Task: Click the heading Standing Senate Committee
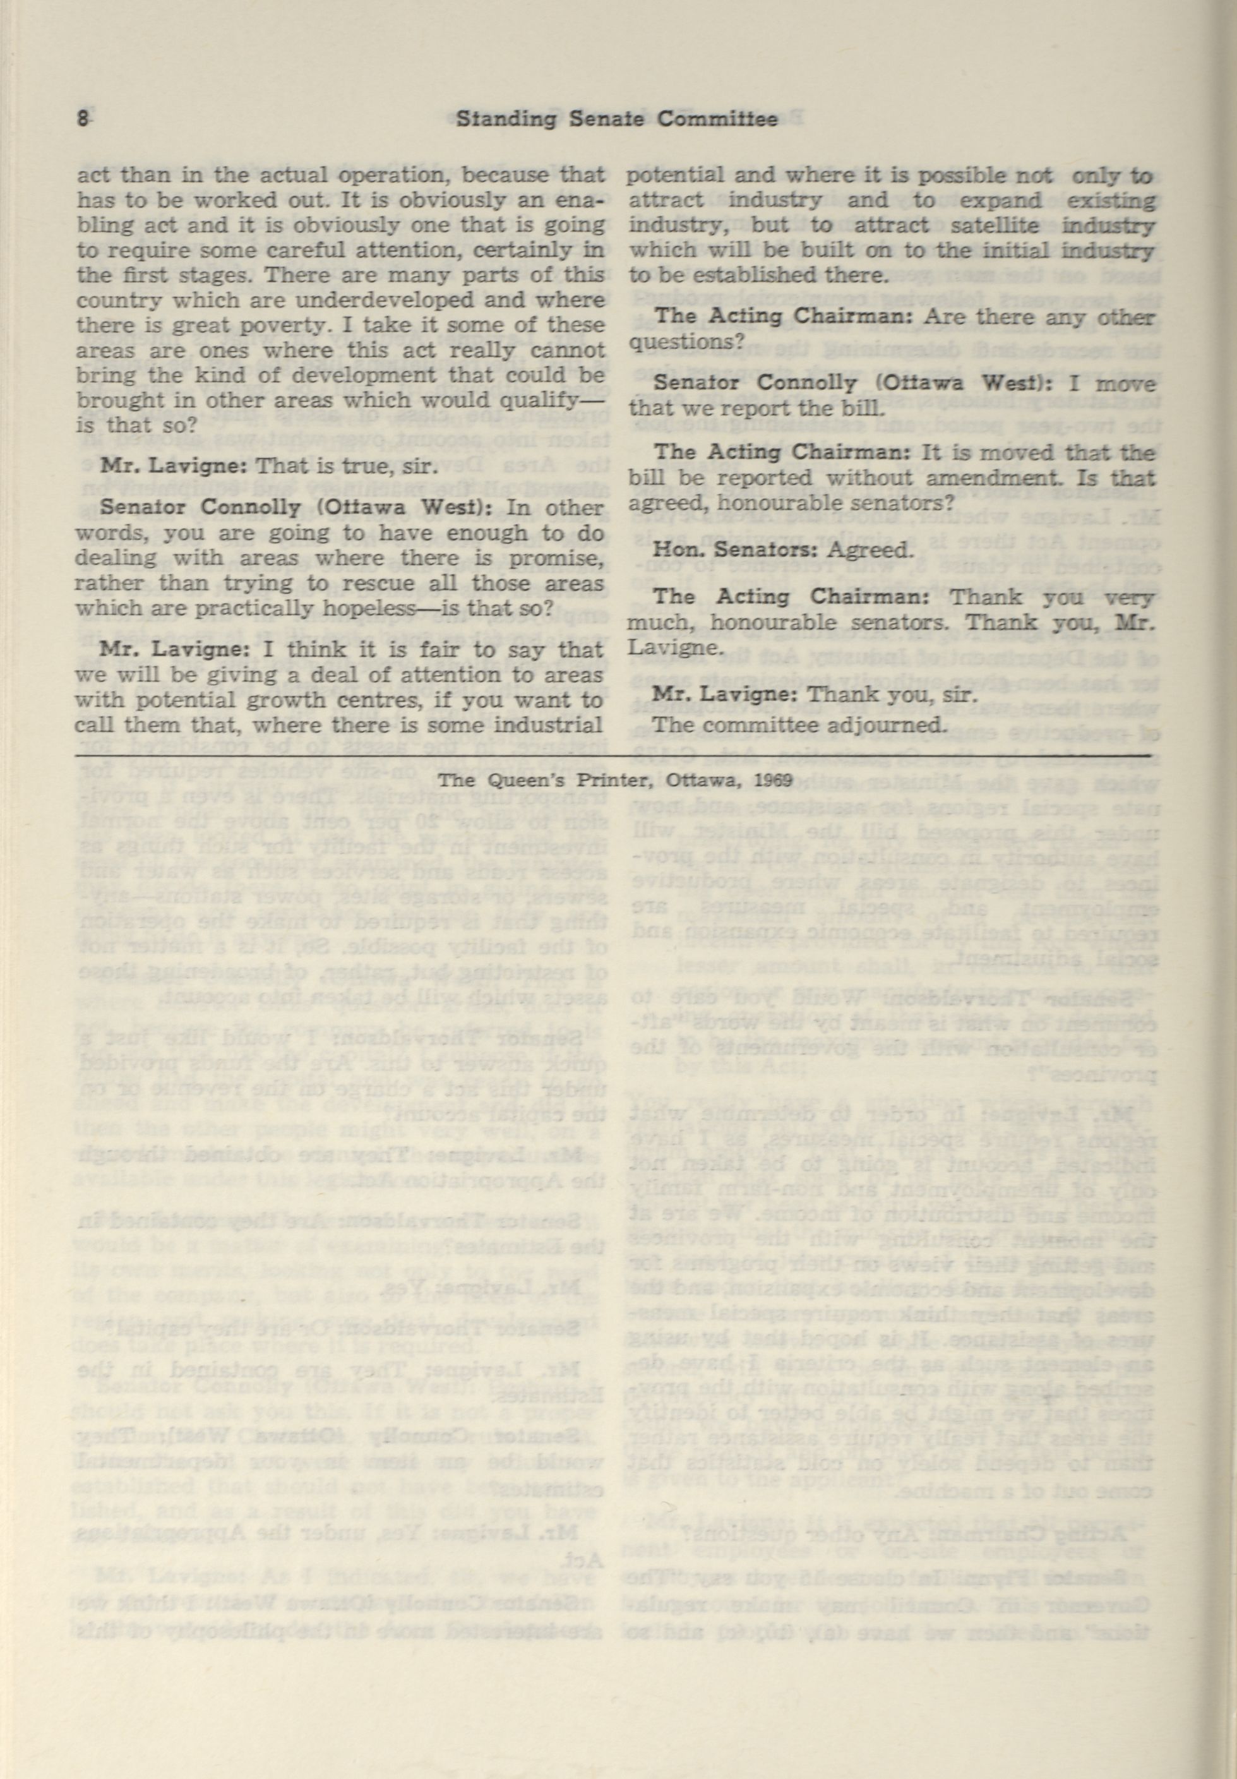tap(616, 120)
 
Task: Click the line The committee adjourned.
tap(797, 724)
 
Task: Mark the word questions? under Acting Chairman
tap(686, 341)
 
